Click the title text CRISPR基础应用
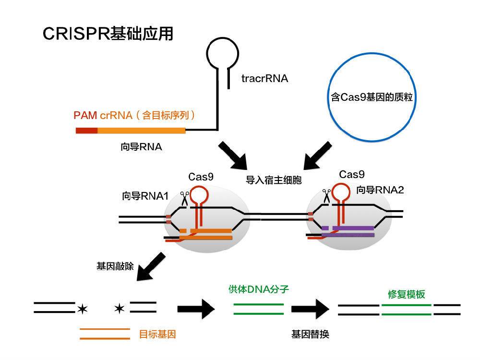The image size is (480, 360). (108, 34)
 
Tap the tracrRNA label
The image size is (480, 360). (264, 78)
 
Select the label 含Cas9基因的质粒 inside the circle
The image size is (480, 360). (372, 97)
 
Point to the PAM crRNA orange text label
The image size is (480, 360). (134, 115)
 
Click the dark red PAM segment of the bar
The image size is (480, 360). (86, 130)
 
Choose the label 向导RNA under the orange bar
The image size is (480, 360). (141, 147)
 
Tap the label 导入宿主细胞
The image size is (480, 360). (274, 180)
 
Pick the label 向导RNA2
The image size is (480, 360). (380, 190)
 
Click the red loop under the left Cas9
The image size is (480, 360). (200, 195)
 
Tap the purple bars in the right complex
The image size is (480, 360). (348, 231)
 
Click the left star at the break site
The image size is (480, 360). (82, 308)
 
